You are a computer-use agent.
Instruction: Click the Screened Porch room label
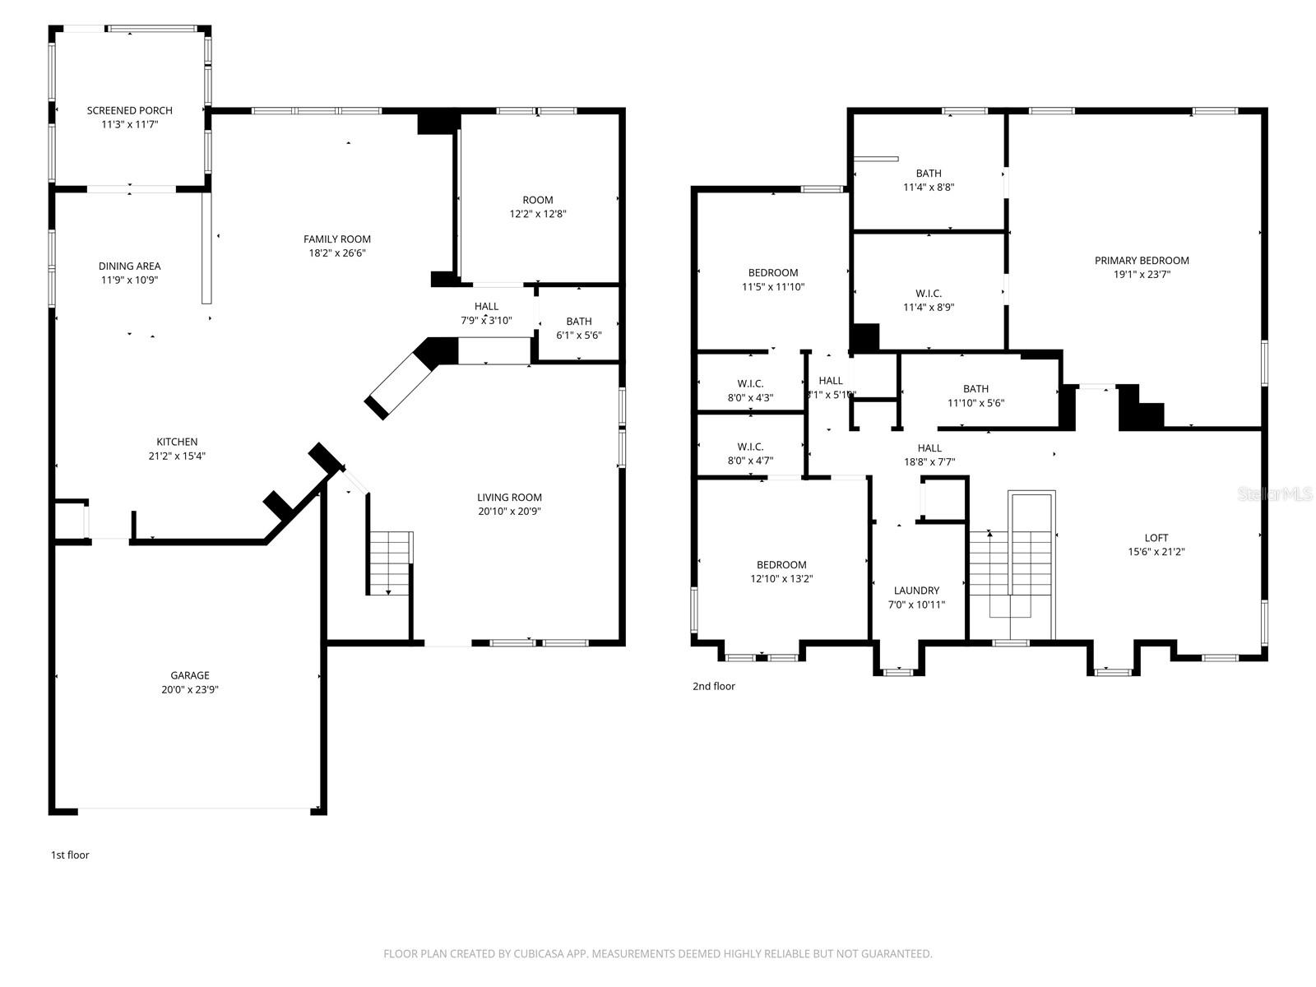pos(130,110)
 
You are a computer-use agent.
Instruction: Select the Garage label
pos(190,675)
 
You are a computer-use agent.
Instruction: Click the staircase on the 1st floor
pos(389,563)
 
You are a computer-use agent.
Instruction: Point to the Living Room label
pos(509,497)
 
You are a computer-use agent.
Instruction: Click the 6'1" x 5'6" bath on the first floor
pos(578,328)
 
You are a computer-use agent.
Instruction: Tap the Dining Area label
pos(129,266)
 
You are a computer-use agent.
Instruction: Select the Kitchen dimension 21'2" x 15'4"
pos(178,456)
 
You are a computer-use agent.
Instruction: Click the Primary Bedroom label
pos(1142,261)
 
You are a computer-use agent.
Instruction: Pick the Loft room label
pos(1156,538)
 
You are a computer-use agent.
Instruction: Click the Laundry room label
pos(916,591)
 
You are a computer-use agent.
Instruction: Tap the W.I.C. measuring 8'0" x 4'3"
pos(750,391)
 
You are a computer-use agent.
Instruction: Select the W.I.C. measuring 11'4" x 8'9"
pos(929,300)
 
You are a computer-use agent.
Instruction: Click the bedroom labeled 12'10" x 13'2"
pos(781,572)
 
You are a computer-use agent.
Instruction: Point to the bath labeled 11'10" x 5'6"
pos(975,396)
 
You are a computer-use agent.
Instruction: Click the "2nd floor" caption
pos(713,686)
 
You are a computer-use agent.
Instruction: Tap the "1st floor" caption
pos(70,855)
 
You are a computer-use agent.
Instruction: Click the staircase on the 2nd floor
pos(1012,568)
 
